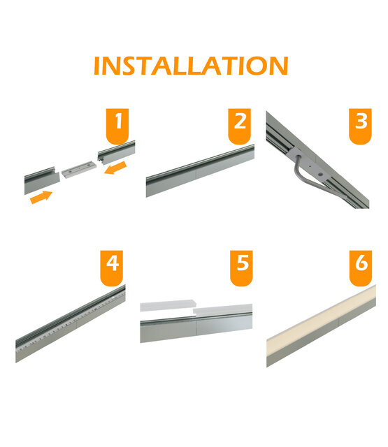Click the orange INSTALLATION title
click(x=190, y=66)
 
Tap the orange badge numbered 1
click(x=120, y=124)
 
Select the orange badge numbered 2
click(x=240, y=124)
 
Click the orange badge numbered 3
click(x=360, y=124)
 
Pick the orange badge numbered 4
click(x=113, y=266)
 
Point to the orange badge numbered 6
click(x=361, y=266)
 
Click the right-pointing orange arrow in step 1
click(x=41, y=198)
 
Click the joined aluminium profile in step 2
click(x=199, y=172)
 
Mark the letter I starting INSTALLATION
click(x=98, y=66)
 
